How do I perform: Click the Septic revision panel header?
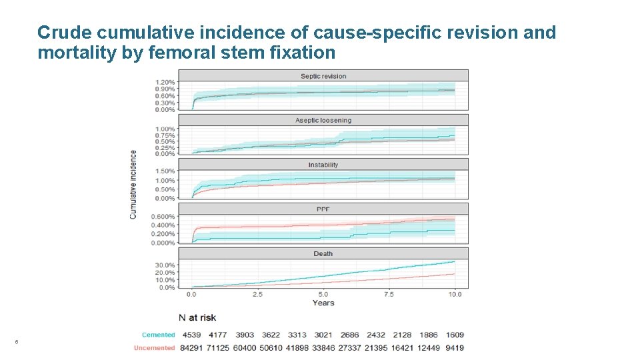pos(323,76)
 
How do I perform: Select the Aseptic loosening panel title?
pos(323,121)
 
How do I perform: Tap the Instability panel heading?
pos(323,165)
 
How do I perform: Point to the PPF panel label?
pos(323,209)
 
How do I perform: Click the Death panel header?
pos(323,254)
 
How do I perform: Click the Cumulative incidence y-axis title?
pos(133,185)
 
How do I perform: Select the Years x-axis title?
pos(323,303)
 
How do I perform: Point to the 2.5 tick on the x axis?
pos(257,294)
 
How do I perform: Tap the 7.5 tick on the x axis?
pos(389,294)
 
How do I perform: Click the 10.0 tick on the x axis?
pos(455,294)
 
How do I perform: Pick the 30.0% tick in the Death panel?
pos(165,265)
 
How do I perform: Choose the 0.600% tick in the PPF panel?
pos(163,216)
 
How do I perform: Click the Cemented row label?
pos(158,335)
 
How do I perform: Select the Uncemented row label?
pos(154,347)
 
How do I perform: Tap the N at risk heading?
pos(197,317)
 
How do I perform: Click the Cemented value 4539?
pos(191,335)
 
